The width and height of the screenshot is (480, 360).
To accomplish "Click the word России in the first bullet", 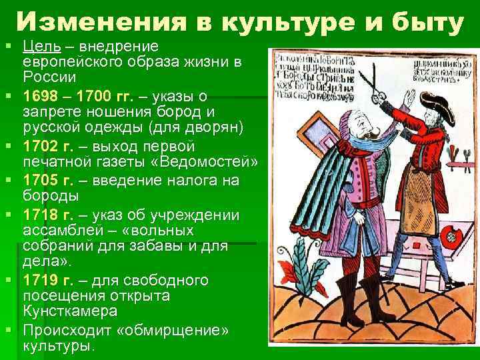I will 46,77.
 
